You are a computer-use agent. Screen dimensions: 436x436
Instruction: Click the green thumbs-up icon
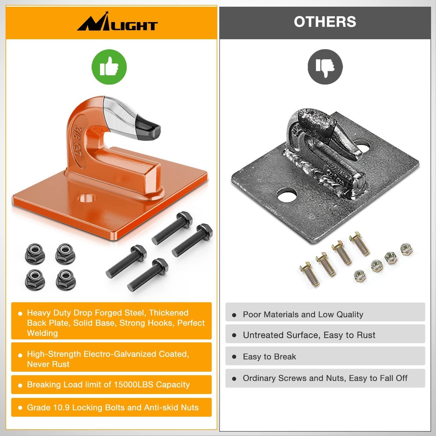[109, 67]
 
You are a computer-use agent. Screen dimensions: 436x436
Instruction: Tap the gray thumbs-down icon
[325, 67]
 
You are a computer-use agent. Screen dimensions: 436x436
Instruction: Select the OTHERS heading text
[325, 22]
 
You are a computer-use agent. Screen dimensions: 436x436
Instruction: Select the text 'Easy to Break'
[269, 357]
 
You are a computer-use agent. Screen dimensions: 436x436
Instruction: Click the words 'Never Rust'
[48, 364]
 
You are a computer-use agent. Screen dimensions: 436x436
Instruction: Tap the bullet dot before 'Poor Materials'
[234, 315]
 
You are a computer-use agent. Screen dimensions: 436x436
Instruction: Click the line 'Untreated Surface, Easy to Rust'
[309, 335]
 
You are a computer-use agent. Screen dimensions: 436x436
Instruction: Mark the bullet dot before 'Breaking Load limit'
[20, 385]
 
